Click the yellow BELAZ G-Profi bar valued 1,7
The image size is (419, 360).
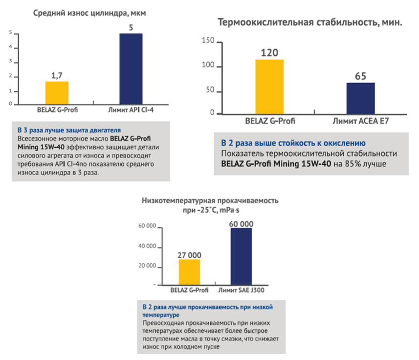point(57,92)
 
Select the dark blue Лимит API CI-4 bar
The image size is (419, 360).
point(131,68)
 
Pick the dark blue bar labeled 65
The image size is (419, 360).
point(360,98)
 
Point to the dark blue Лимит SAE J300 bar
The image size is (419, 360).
point(241,256)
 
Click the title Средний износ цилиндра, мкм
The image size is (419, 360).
point(89,13)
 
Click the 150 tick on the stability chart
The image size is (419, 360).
point(208,43)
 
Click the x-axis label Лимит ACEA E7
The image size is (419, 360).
point(360,120)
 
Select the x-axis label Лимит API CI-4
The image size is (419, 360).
point(131,110)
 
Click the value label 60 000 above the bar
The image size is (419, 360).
point(241,224)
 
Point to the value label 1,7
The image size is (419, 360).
point(57,75)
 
